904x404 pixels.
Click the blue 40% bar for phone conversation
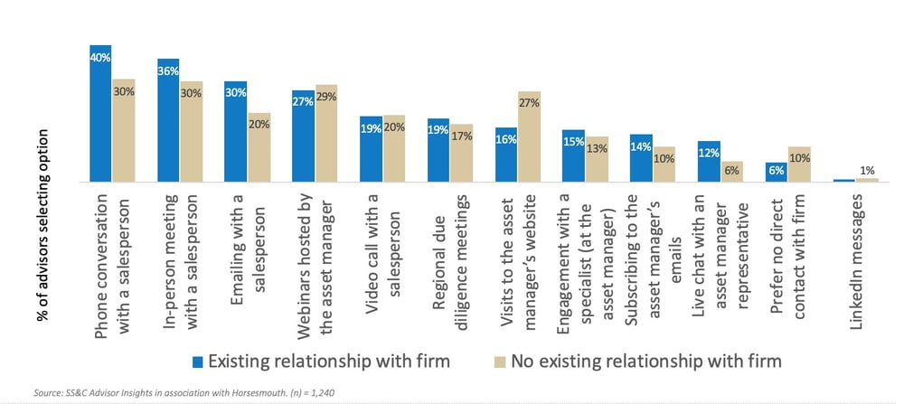click(x=100, y=113)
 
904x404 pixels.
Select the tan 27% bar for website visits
click(x=529, y=137)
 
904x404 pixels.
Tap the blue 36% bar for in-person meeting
click(x=167, y=120)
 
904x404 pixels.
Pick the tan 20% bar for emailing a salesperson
click(x=259, y=147)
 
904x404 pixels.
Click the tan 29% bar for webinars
click(x=325, y=134)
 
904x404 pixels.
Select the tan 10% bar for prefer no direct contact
click(x=798, y=164)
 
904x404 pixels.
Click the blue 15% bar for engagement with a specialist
click(x=573, y=156)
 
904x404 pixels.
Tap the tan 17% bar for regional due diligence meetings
click(x=461, y=153)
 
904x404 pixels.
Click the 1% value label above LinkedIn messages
click(x=867, y=170)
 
